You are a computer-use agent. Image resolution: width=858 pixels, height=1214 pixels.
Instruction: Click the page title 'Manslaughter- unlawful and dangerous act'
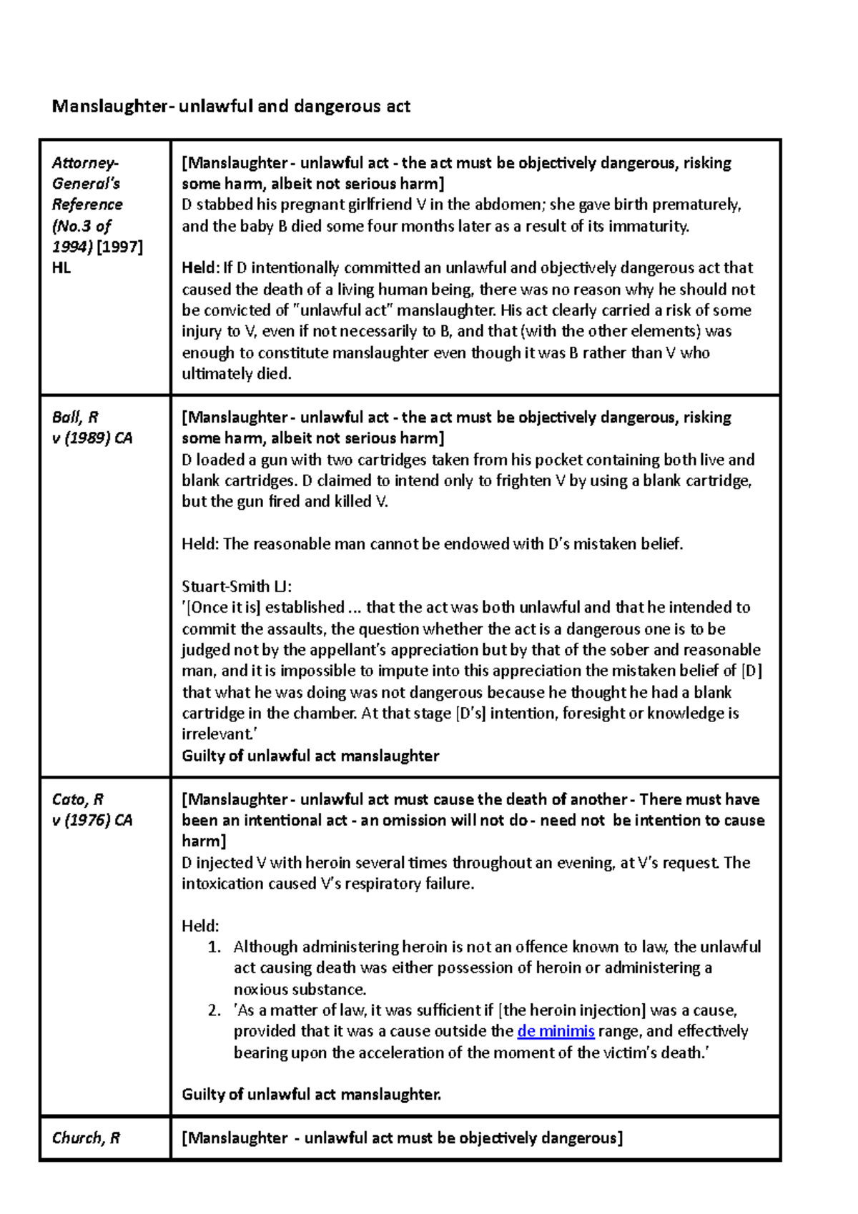231,107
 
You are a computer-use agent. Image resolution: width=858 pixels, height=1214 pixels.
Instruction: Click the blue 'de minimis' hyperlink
556,1031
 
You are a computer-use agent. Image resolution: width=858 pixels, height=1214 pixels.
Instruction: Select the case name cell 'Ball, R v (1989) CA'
92,428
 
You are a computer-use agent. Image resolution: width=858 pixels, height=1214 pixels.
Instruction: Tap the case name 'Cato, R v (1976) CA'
92,809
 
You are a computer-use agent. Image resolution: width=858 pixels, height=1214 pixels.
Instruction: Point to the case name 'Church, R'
86,1137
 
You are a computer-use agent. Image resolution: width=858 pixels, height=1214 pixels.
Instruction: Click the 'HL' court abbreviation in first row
61,268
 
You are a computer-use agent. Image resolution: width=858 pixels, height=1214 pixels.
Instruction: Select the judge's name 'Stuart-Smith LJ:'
237,586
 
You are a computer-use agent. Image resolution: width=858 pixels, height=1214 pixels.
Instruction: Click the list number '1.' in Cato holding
214,947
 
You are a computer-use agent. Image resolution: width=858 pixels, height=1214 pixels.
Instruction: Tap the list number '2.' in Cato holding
214,1010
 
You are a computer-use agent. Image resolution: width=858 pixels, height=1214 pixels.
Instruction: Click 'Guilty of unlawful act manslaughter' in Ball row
310,756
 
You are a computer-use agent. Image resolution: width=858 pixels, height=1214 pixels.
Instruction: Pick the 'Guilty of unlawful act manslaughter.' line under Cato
311,1094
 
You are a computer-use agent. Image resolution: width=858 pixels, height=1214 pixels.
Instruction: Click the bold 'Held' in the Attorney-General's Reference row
198,268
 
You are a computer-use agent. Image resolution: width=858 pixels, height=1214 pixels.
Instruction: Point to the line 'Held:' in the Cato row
200,926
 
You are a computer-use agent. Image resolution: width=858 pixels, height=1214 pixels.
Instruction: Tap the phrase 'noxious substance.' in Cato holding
300,990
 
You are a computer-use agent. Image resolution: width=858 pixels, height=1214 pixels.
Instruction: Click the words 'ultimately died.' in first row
237,374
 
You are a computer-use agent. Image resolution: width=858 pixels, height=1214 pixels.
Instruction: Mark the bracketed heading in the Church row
403,1137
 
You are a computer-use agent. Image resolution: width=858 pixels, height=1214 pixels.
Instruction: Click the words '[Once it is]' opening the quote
225,608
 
